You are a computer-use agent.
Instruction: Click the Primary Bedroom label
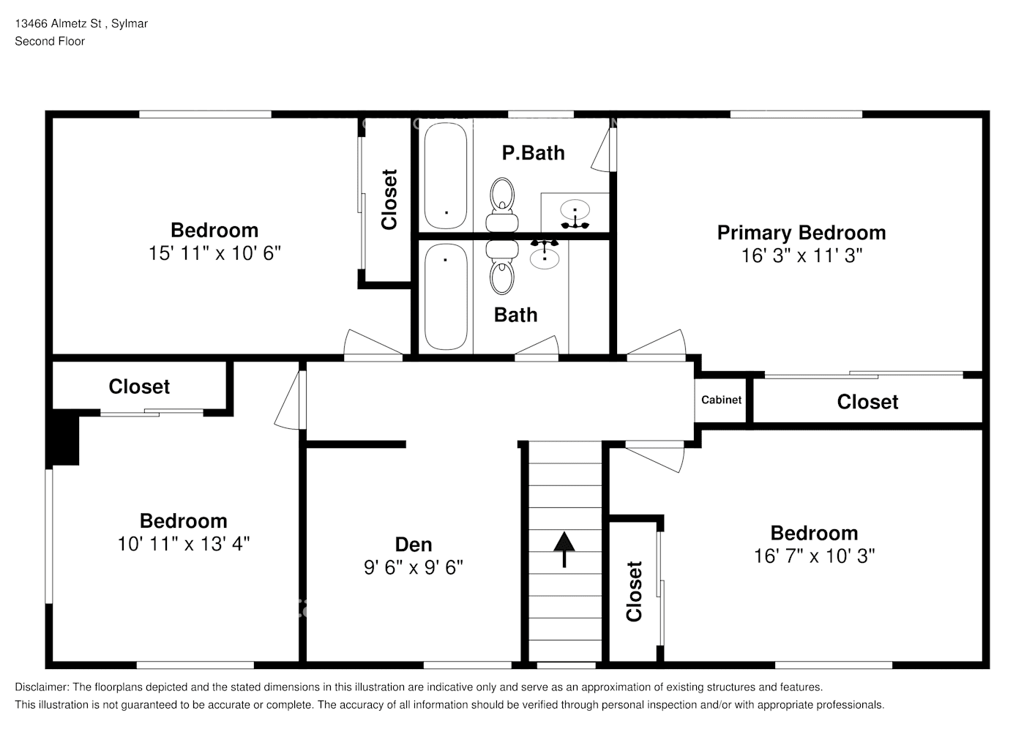pos(801,233)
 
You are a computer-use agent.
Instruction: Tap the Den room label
pos(414,545)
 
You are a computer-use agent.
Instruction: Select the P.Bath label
pos(533,153)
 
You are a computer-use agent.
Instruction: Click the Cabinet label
pos(721,400)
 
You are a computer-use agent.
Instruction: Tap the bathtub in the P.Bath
pos(446,176)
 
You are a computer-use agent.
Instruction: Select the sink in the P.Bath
pos(575,212)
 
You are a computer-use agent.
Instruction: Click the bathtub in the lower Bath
pos(446,296)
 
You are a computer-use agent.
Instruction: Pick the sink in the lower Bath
pos(545,256)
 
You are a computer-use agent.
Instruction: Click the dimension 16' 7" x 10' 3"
pos(814,556)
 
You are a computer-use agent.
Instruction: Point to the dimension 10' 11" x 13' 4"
pos(184,544)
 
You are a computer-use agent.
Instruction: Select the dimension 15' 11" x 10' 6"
pos(214,253)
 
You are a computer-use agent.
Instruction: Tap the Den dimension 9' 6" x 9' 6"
pos(414,567)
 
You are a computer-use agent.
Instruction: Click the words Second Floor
pos(50,41)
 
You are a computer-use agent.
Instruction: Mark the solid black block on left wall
pos(64,440)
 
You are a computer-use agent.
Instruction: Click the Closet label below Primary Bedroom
pos(867,402)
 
